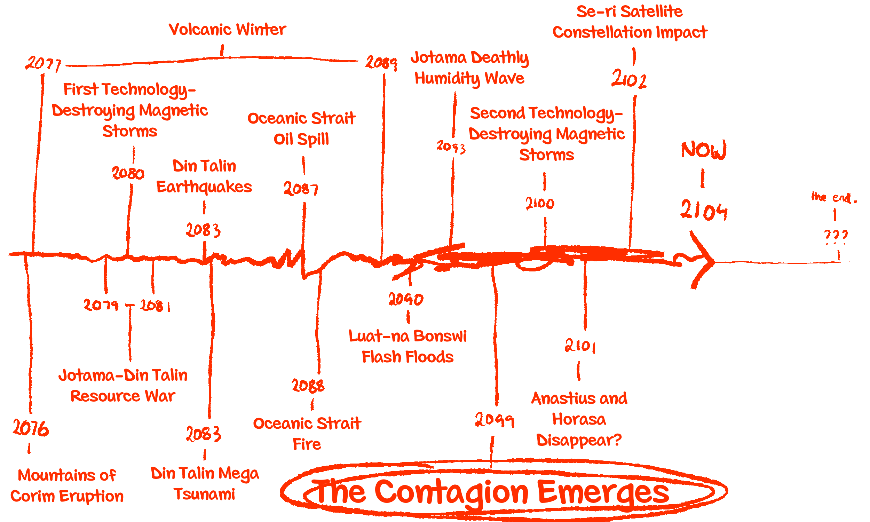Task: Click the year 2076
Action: tap(31, 428)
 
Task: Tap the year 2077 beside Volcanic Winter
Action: tap(43, 64)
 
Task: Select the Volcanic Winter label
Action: tap(227, 30)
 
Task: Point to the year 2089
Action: tap(381, 63)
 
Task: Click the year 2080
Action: tap(128, 173)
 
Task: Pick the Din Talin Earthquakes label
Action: tap(204, 176)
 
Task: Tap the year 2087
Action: tap(301, 189)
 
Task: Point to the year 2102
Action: tap(629, 79)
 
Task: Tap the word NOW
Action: tap(703, 150)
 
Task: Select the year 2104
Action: tap(703, 210)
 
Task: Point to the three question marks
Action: tap(836, 235)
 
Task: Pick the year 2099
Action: tap(495, 420)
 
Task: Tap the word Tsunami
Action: tap(204, 494)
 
